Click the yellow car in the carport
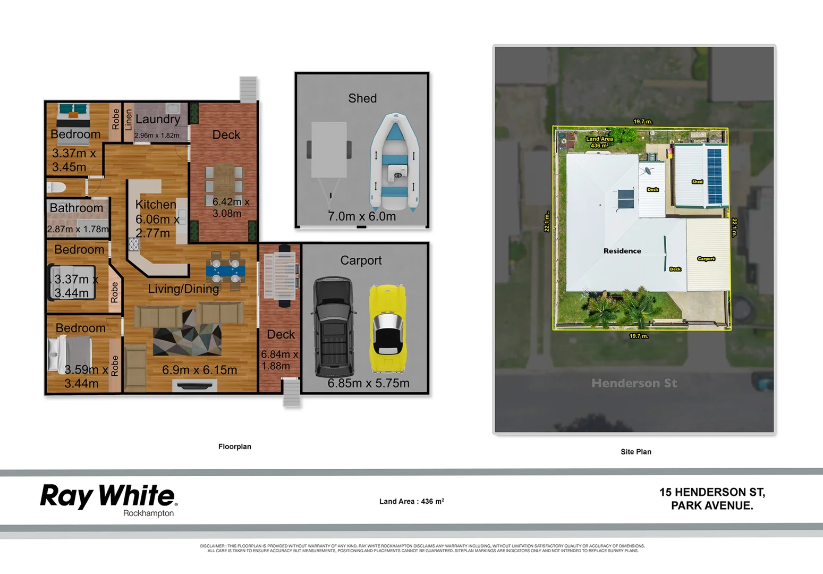(x=387, y=328)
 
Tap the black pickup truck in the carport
(x=333, y=327)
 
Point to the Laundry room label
(x=158, y=119)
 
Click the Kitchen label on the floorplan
(x=156, y=205)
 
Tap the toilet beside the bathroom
(x=56, y=187)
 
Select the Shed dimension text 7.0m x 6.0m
(x=362, y=216)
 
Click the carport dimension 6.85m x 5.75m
(x=368, y=383)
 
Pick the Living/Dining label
(x=183, y=289)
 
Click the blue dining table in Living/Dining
(x=226, y=270)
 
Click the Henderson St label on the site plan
(x=634, y=383)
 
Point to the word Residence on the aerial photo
(x=622, y=251)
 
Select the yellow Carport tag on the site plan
(x=706, y=259)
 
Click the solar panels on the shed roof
(x=715, y=176)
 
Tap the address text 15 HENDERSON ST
(x=712, y=492)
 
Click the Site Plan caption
(x=635, y=452)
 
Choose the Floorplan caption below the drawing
(x=235, y=446)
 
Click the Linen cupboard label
(x=128, y=120)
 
